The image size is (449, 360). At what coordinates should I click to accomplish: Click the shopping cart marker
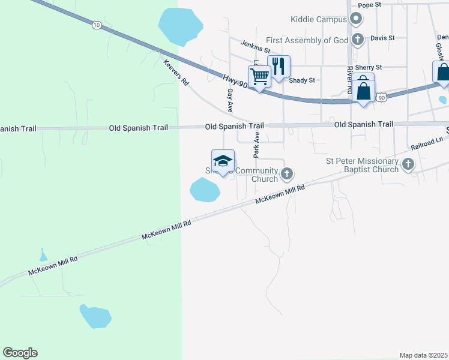pos(259,77)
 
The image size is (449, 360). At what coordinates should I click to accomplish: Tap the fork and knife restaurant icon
pos(278,67)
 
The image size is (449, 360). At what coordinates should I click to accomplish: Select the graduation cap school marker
pos(223,161)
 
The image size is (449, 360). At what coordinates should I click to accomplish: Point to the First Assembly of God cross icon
pos(358,40)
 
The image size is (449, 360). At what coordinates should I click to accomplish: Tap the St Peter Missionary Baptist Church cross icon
pos(408,164)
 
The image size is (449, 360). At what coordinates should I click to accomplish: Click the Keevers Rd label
pos(176,71)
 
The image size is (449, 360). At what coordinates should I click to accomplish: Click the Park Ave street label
pos(256,145)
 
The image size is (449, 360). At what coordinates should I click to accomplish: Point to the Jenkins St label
pos(256,44)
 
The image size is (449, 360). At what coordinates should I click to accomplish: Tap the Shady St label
pos(302,80)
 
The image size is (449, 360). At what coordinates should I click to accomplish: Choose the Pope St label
pos(370,5)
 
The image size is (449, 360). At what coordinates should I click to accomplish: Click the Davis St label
pos(382,38)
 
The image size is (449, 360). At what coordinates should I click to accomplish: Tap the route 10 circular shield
pos(97,25)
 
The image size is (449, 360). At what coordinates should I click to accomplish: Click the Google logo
pos(20,353)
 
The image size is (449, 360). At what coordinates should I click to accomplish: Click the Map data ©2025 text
pos(423,355)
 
